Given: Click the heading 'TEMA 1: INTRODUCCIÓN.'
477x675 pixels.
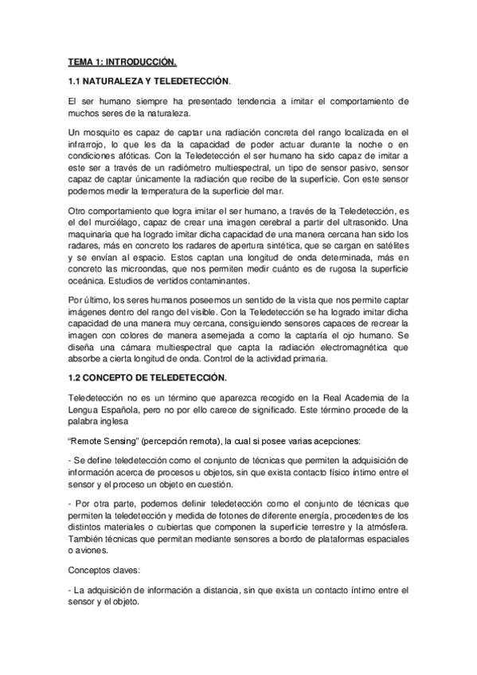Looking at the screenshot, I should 122,60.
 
